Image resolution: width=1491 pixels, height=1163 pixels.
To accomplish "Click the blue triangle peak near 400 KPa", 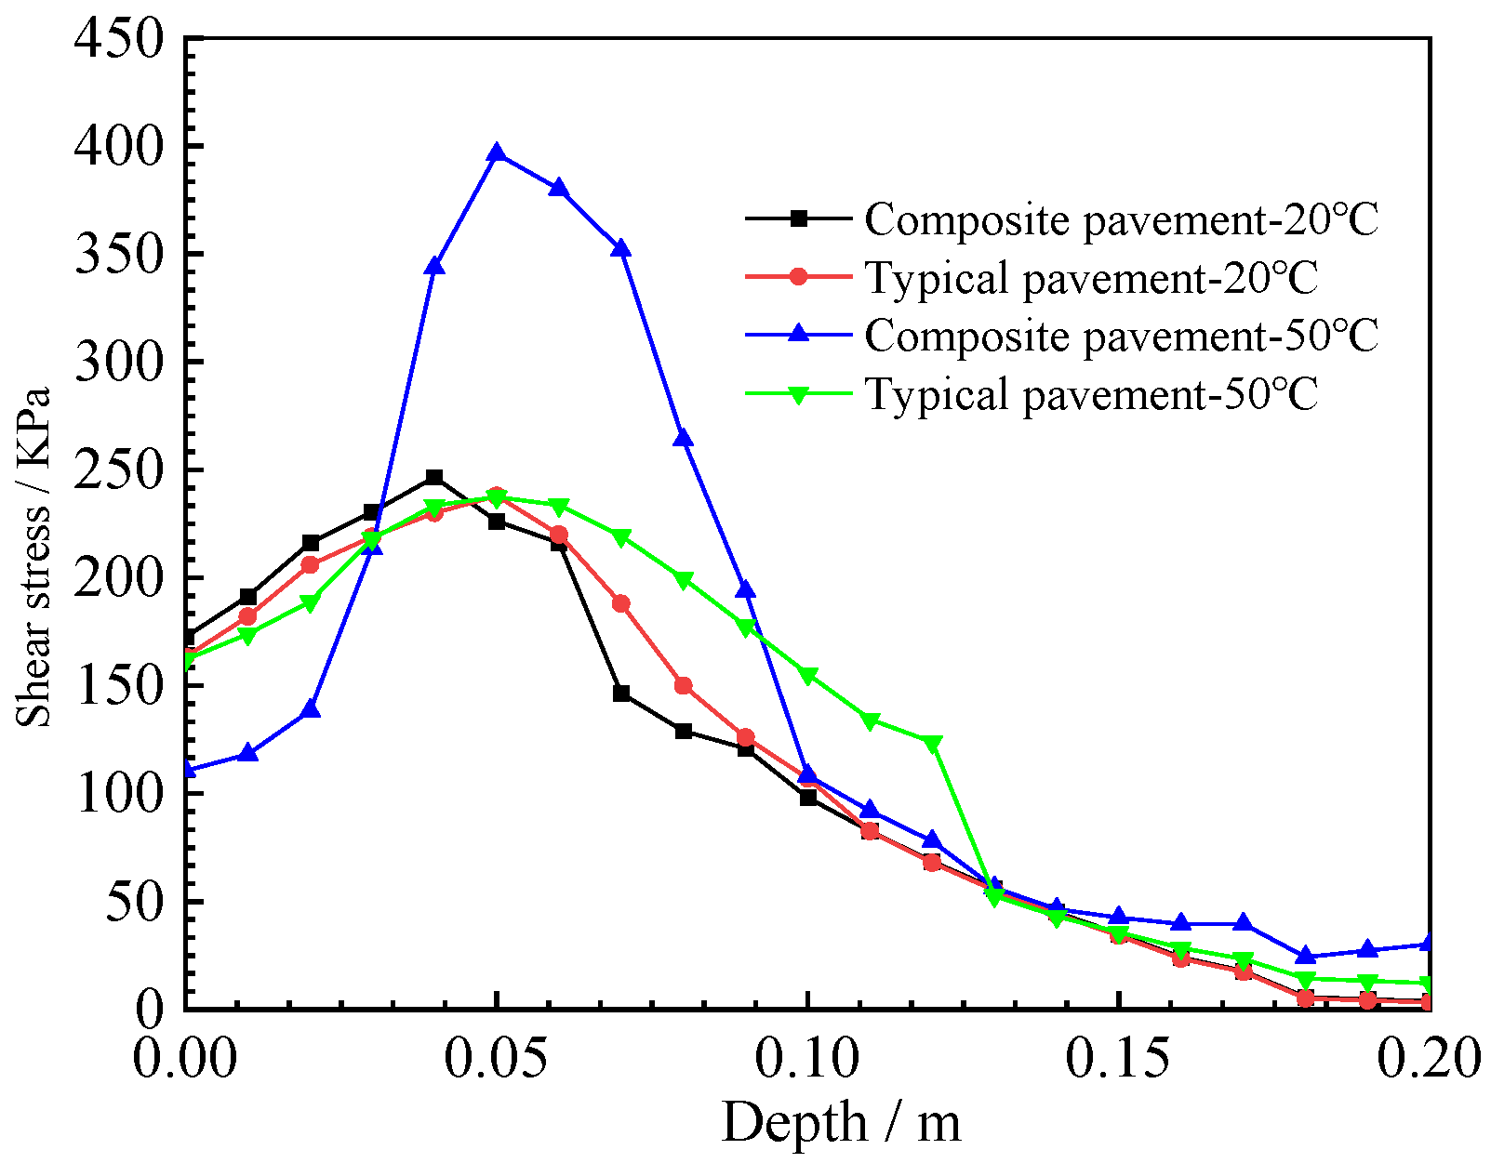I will [x=497, y=154].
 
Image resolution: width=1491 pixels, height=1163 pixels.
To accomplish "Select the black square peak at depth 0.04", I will [x=434, y=478].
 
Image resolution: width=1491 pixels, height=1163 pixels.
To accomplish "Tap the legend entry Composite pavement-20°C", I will [x=1120, y=220].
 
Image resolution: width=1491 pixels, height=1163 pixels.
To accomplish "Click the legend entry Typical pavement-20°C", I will [x=1091, y=278].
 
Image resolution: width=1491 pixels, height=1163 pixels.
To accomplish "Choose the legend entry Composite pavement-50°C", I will [x=1120, y=336].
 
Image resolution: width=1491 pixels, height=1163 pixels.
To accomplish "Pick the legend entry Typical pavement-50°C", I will [x=1091, y=394].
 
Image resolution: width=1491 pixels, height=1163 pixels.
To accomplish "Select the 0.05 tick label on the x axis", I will [x=497, y=1059].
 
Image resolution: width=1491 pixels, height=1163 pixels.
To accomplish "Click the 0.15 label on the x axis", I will [x=1118, y=1059].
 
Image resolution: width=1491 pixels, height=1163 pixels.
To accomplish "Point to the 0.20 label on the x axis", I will [x=1427, y=1059].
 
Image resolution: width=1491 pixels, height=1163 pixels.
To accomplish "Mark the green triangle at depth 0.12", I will [x=932, y=743].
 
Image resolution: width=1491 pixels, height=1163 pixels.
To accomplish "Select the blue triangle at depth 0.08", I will [x=684, y=439].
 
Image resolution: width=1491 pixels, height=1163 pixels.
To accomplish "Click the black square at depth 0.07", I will [x=621, y=694].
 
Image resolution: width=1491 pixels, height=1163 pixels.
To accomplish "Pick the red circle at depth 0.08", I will [x=684, y=686].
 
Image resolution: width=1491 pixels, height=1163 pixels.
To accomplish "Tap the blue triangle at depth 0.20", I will [x=1429, y=944].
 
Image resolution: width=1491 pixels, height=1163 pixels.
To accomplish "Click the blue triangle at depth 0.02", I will [x=311, y=710].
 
